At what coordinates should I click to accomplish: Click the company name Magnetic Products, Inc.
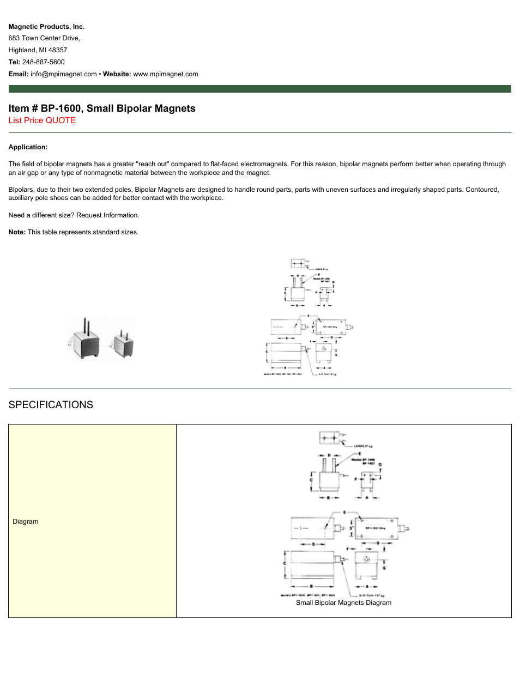46,27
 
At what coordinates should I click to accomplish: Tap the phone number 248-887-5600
43,62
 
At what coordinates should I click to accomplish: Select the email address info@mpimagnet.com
64,74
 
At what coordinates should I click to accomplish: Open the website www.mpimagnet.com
166,74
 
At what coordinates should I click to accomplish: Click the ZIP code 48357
58,50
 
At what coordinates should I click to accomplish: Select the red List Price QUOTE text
42,120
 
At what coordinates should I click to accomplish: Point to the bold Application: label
28,147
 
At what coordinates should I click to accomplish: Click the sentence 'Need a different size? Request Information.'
74,215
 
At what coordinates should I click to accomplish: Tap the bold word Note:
17,232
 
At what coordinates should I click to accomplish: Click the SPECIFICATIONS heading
51,405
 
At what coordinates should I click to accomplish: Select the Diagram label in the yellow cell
26,522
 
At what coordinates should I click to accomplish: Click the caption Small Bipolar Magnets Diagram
343,603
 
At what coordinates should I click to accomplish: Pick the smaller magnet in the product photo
123,344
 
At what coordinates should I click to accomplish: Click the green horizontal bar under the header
260,89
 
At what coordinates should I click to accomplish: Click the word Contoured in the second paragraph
482,190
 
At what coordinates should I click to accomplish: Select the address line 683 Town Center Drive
44,38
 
